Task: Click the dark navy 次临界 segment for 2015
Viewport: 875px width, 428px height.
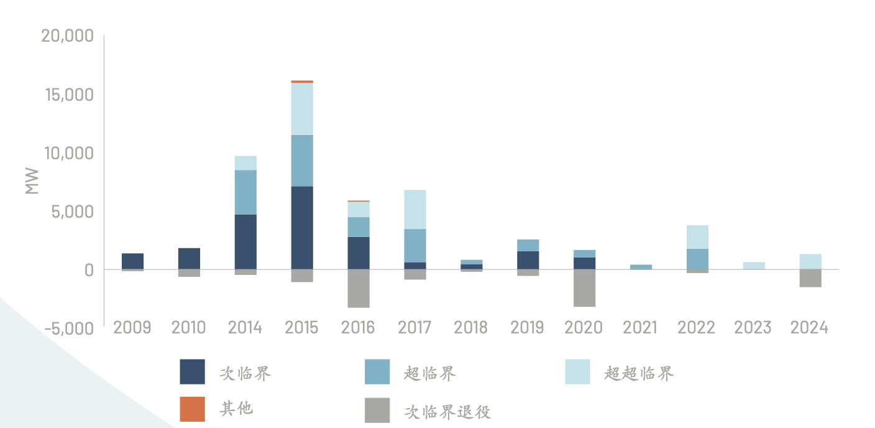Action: pos(302,228)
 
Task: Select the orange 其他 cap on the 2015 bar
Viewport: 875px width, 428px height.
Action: pos(302,81)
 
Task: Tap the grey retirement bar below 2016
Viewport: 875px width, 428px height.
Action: pos(359,288)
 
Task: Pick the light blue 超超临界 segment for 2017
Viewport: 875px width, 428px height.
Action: pos(415,209)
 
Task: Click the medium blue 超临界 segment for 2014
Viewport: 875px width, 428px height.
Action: pos(245,192)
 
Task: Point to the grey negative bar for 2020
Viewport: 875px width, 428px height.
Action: pos(584,287)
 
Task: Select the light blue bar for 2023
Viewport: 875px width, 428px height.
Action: pos(754,266)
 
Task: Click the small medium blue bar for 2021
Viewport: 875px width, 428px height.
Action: pos(641,267)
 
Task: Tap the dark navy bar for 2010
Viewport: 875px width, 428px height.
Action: pos(189,259)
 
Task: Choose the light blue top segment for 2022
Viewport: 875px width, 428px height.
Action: pos(697,237)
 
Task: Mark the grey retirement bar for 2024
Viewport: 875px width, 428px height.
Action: pos(810,278)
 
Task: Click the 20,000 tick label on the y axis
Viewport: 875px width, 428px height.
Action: pos(67,36)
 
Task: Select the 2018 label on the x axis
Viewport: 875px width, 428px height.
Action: pos(471,328)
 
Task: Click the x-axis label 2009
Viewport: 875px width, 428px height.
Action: pos(132,328)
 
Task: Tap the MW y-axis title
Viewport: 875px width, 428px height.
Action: pos(32,181)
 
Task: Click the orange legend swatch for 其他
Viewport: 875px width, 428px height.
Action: pos(192,409)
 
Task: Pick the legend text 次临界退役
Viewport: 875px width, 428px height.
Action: pos(447,411)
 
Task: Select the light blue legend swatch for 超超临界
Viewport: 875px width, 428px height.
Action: pos(577,372)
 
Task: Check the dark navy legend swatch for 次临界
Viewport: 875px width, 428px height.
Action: pos(192,372)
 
